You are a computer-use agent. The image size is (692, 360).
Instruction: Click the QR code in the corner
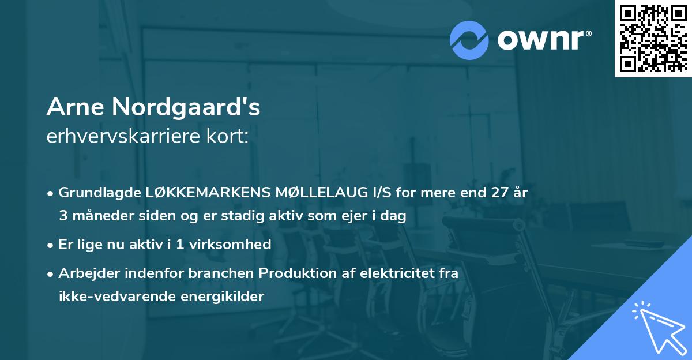[653, 38]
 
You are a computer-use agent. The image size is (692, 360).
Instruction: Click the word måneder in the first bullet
[97, 216]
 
